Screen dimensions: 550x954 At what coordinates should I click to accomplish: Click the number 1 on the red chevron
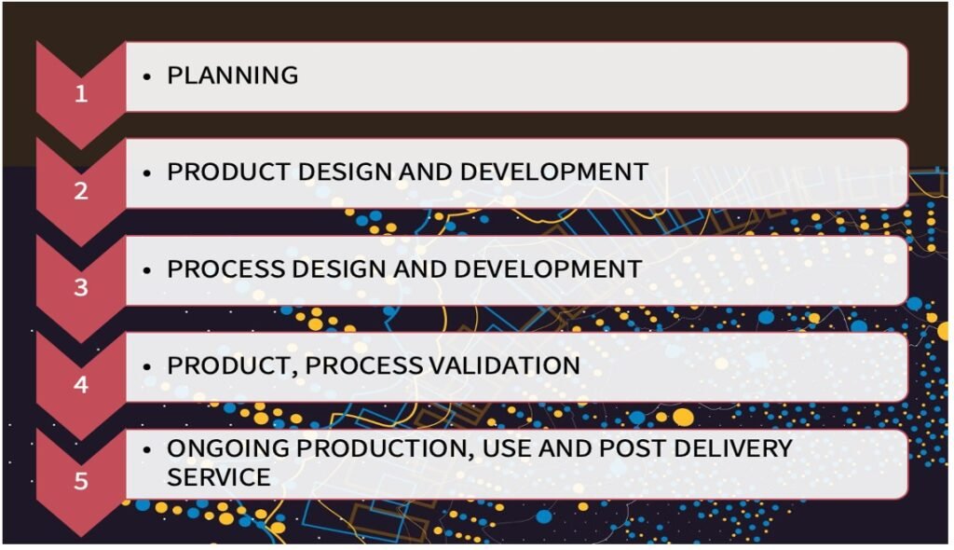tap(81, 94)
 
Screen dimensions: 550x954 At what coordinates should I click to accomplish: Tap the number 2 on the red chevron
tap(81, 191)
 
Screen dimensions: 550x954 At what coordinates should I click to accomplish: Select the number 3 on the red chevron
tap(81, 288)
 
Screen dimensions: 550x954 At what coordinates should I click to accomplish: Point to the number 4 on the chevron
tap(81, 384)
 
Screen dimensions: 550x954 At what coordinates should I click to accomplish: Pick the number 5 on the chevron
tap(81, 481)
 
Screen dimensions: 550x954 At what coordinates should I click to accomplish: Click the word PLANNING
tap(233, 76)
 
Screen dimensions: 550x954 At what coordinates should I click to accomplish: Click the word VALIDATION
tap(502, 365)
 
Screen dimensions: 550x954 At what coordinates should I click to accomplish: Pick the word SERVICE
tap(219, 477)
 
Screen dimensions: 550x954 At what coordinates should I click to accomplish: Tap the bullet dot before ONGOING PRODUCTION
tap(147, 449)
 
